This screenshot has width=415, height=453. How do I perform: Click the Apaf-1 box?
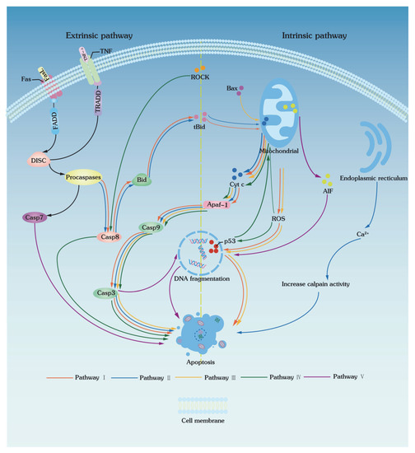pos(214,205)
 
